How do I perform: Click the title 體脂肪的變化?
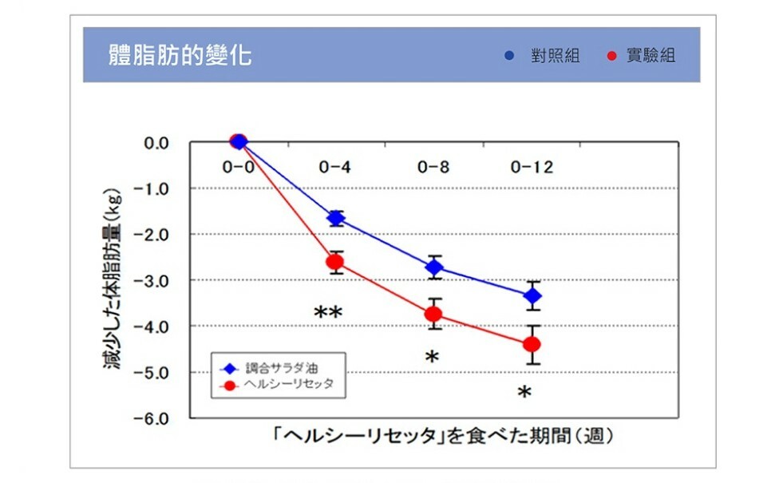click(x=180, y=55)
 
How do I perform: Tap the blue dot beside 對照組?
click(x=510, y=56)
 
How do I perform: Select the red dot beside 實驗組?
click(x=612, y=56)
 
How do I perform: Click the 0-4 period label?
click(x=335, y=168)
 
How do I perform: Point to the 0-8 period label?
click(x=433, y=168)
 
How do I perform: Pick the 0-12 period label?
click(x=532, y=168)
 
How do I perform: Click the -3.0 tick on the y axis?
click(x=156, y=280)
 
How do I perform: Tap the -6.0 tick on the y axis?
click(x=156, y=418)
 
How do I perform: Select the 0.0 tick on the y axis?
click(x=156, y=143)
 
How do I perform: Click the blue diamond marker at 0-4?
click(x=336, y=218)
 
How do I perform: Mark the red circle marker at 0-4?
click(x=335, y=262)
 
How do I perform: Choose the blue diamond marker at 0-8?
click(x=434, y=267)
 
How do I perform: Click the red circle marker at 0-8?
click(x=434, y=314)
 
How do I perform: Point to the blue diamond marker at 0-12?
click(x=532, y=295)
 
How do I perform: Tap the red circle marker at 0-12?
click(x=532, y=344)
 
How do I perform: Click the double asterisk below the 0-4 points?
click(x=328, y=312)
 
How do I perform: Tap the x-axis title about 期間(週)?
click(x=443, y=436)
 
